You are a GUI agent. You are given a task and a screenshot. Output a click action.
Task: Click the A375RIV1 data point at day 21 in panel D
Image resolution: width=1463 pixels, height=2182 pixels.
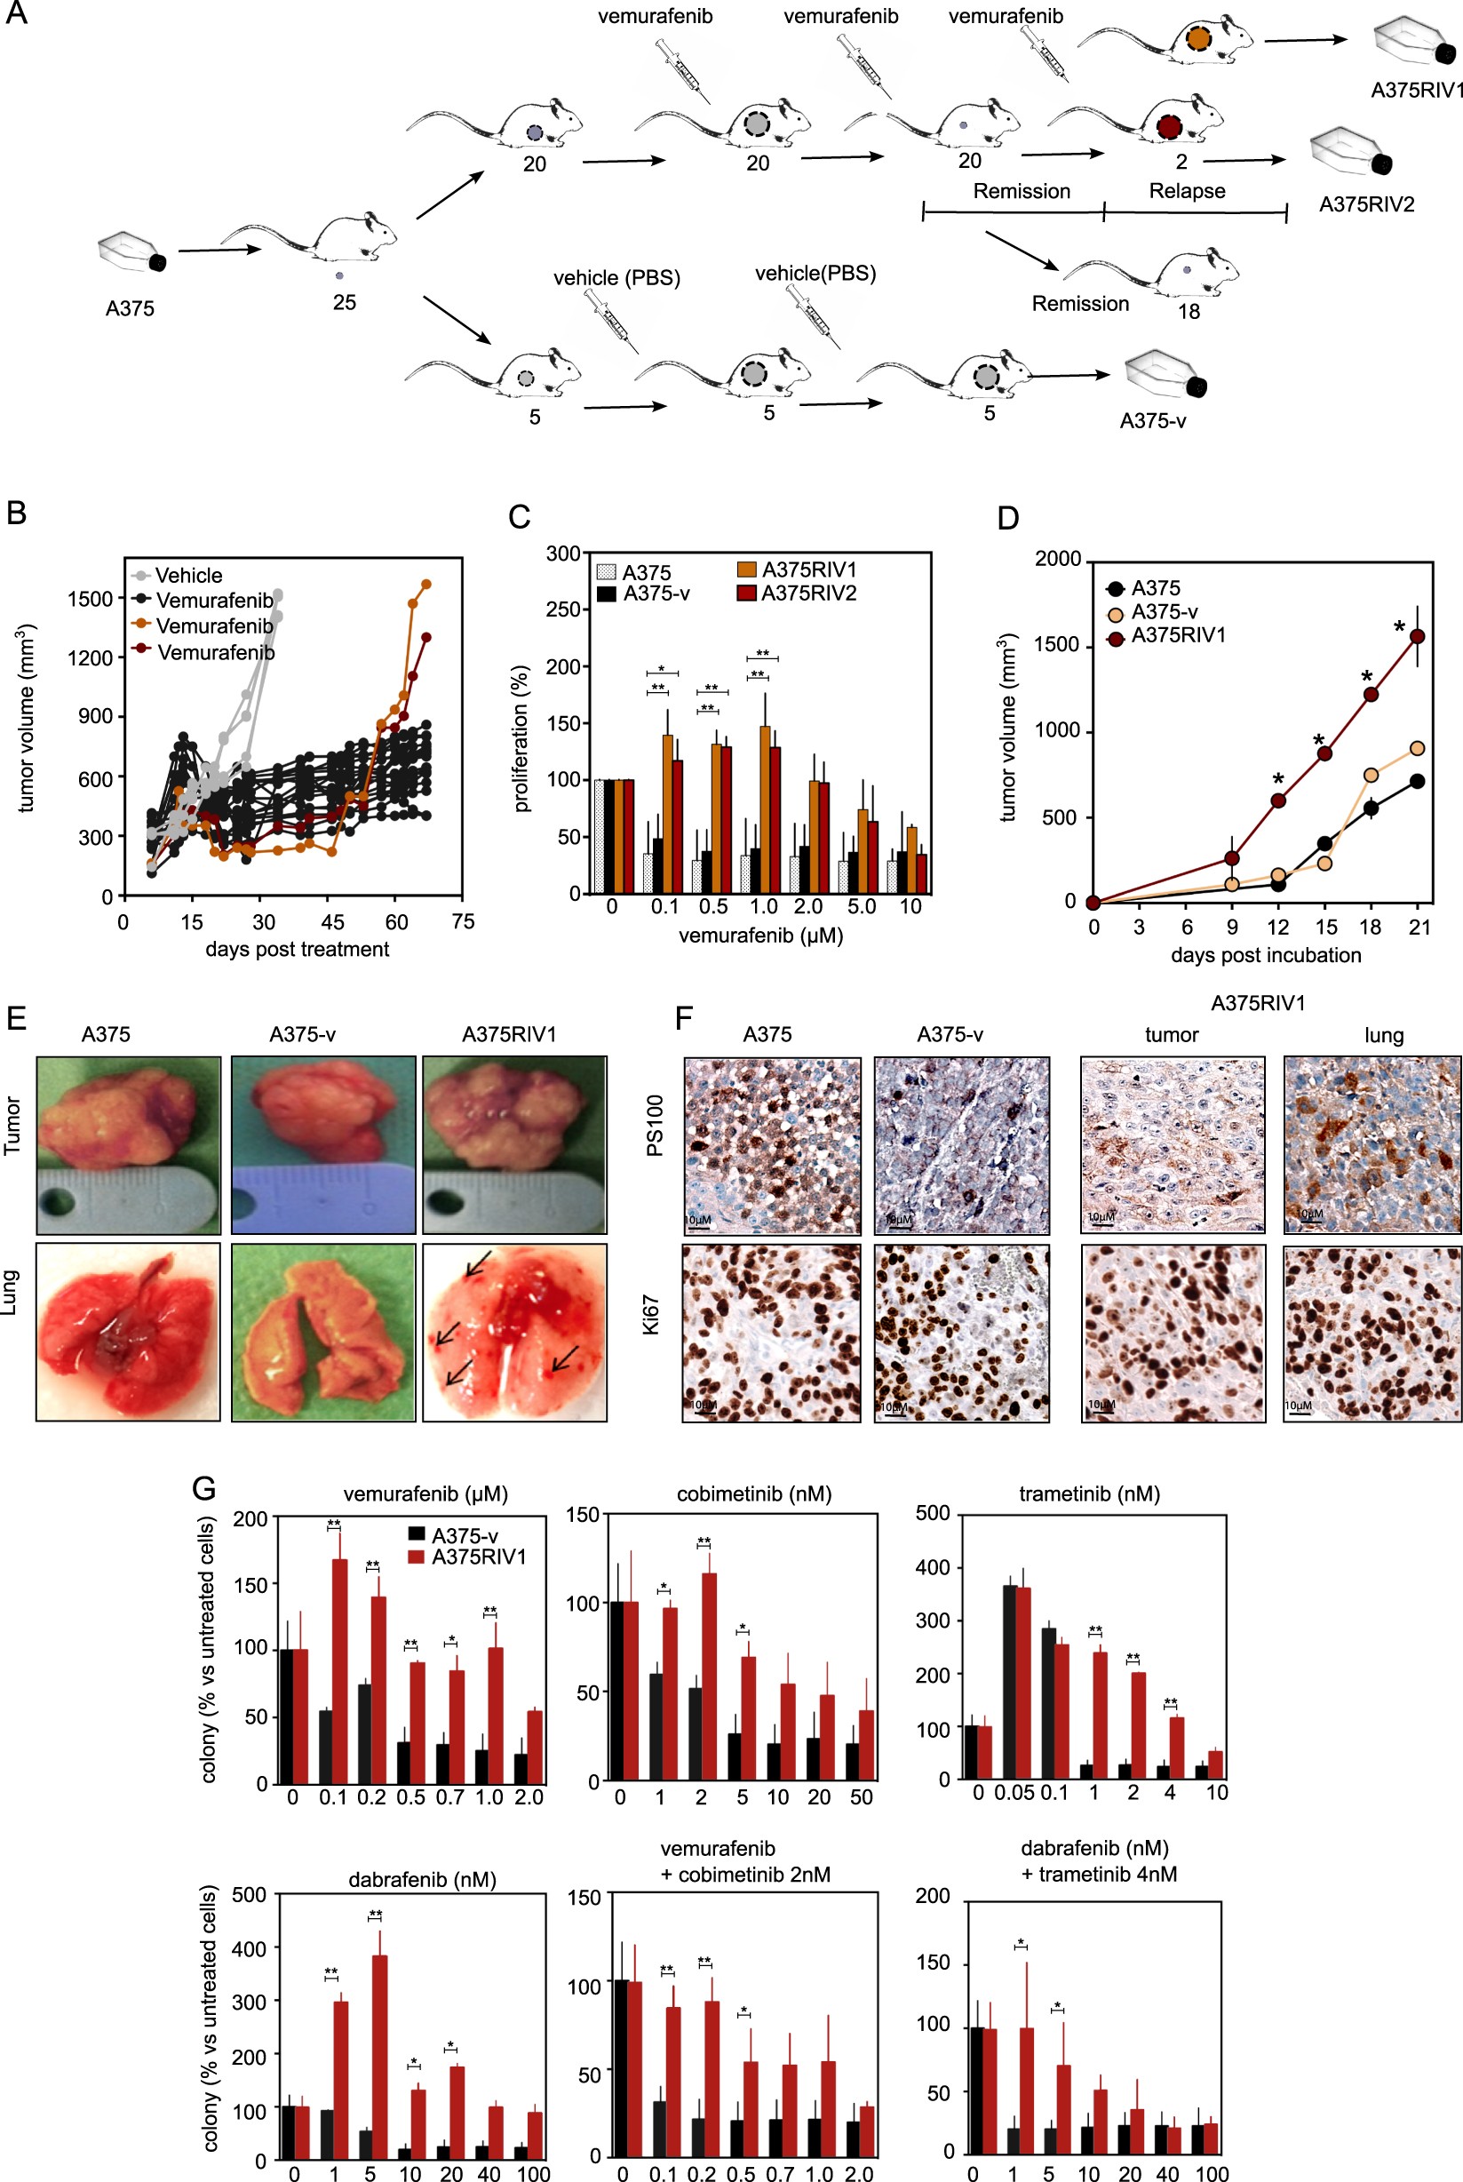[1418, 635]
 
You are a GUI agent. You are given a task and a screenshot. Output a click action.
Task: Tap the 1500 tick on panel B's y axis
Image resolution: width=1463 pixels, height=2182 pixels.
[90, 598]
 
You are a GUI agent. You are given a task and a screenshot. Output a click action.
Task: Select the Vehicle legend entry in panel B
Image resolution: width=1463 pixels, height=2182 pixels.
[187, 575]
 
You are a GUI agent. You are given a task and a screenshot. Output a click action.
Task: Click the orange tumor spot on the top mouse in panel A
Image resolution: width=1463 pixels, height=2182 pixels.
[1198, 39]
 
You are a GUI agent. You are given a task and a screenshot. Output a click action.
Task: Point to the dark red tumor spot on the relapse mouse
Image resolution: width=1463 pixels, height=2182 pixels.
[1169, 126]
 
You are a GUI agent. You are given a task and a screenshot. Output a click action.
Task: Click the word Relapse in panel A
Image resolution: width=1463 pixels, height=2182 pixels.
[1187, 190]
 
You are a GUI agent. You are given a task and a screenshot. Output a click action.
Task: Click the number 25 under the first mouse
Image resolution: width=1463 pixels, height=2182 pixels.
[345, 302]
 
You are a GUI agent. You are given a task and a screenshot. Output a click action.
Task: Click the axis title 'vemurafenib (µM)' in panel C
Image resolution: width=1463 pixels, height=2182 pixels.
[760, 936]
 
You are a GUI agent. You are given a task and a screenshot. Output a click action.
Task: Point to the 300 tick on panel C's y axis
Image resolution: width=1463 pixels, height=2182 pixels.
[563, 553]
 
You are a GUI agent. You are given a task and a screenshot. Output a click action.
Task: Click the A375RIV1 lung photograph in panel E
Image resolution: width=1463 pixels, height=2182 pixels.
[515, 1332]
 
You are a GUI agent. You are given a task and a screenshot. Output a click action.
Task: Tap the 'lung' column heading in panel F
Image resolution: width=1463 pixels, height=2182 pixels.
[1383, 1035]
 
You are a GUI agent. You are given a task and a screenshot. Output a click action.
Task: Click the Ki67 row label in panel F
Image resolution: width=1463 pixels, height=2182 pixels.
[652, 1314]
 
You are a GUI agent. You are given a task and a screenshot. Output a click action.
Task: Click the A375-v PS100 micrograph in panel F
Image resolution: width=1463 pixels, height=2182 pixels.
[961, 1145]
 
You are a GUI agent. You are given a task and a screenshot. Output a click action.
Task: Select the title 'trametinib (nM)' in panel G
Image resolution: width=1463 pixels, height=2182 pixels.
[1089, 1494]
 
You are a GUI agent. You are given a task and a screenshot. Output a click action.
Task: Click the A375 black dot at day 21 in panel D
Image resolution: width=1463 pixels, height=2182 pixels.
[1418, 781]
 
